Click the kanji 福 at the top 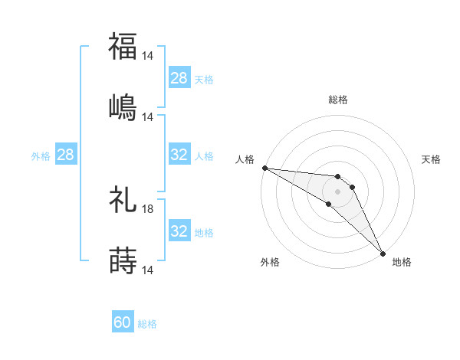123,46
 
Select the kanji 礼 123,200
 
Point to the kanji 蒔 123,260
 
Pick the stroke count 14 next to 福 149,56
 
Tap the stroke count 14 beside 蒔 149,270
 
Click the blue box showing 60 123,323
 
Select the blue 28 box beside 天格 179,78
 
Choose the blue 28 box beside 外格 66,155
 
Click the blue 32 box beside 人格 179,155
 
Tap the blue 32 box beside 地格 179,231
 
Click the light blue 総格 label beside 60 147,324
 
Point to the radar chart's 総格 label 338,100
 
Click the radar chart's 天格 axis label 431,159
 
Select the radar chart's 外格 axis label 270,262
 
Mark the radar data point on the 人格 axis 264,168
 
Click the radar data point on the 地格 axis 383,253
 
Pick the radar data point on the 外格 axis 328,204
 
